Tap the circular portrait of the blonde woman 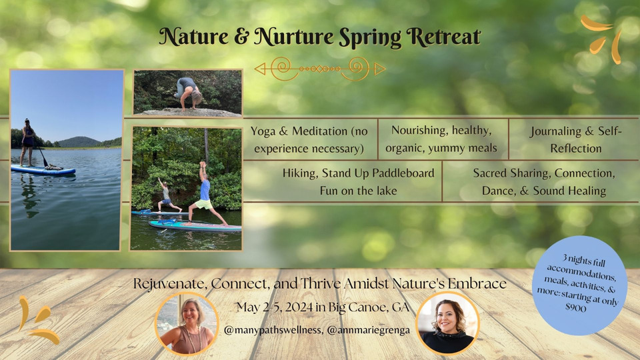187,324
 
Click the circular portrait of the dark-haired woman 447,324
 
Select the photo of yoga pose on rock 187,93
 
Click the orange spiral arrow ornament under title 320,68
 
